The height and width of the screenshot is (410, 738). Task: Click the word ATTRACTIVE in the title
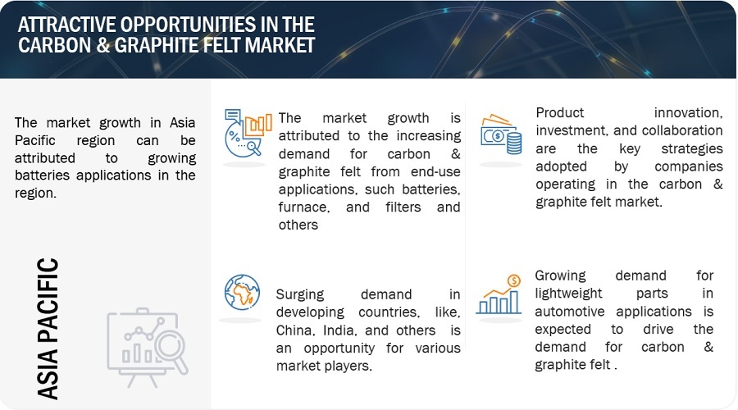tap(66, 25)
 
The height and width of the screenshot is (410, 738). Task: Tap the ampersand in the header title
tap(104, 45)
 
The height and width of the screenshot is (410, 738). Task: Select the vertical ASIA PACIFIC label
tap(48, 329)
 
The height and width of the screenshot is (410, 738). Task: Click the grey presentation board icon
tap(148, 348)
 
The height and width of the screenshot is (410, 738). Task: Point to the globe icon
tap(242, 292)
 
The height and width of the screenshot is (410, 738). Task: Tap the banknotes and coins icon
tap(501, 134)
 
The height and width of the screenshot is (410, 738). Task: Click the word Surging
tap(300, 294)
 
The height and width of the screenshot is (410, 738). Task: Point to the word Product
tap(559, 112)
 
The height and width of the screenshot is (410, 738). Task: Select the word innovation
tap(688, 112)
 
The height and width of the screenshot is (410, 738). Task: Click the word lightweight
tap(568, 294)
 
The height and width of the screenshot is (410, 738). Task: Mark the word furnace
tap(304, 207)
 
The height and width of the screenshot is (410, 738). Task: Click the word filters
tap(403, 207)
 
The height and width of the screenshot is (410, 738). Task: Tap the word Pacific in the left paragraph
tap(34, 140)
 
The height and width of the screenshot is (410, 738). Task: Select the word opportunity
tap(339, 348)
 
